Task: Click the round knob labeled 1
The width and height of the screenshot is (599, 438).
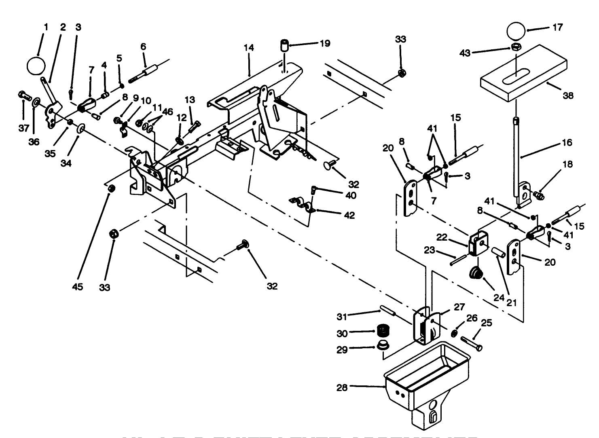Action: tap(36, 66)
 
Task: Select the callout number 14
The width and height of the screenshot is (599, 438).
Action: tap(249, 48)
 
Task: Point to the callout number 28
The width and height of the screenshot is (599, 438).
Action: tap(342, 387)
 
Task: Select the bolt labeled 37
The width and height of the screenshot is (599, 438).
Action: tap(25, 97)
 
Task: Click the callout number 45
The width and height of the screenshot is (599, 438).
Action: tap(77, 286)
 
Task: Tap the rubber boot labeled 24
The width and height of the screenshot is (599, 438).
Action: tap(476, 274)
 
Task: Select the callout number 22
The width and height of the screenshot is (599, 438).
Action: tap(442, 237)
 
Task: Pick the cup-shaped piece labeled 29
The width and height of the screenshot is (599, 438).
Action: tap(381, 346)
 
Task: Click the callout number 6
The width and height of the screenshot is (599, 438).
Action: tap(143, 47)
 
